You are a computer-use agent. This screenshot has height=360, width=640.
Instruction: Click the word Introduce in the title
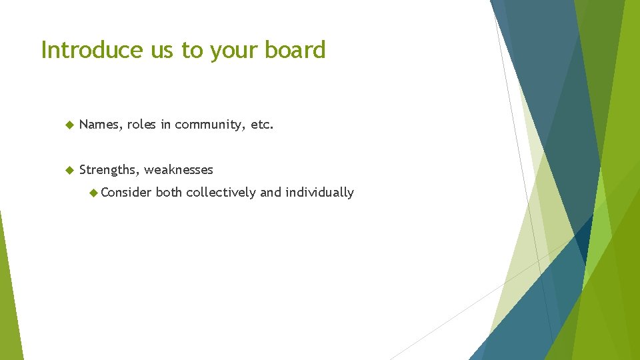tap(93, 50)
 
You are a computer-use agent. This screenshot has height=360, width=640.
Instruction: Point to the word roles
tap(141, 125)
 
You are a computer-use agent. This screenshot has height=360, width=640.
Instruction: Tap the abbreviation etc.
tap(262, 125)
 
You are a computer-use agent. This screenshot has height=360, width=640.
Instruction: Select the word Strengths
tap(108, 170)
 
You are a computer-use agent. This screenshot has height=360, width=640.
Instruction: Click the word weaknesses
tap(179, 170)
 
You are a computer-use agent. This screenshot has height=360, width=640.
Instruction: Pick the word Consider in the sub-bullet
tap(126, 193)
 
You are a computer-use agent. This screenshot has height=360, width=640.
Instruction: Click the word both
tap(169, 193)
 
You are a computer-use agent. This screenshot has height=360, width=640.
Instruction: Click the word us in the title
tap(161, 51)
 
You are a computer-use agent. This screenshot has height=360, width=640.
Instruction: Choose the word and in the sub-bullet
tap(271, 193)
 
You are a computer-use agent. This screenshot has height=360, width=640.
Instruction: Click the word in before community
tap(165, 125)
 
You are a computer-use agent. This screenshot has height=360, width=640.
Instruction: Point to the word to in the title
tap(193, 51)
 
